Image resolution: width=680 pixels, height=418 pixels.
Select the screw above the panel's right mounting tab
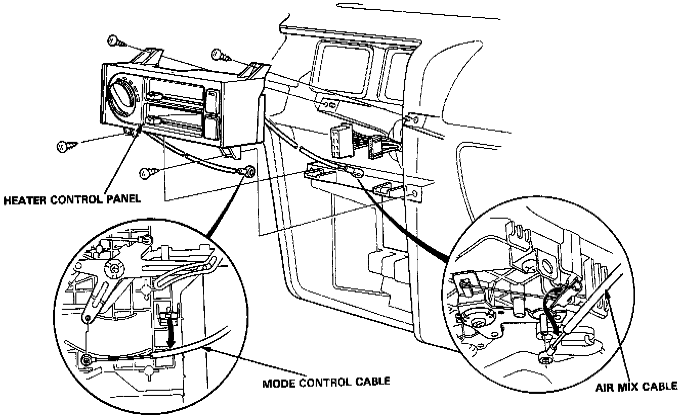216,52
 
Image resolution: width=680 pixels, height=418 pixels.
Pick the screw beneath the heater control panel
145,173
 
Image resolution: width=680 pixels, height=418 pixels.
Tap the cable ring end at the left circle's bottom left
87,360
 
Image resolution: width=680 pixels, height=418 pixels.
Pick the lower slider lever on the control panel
152,119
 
